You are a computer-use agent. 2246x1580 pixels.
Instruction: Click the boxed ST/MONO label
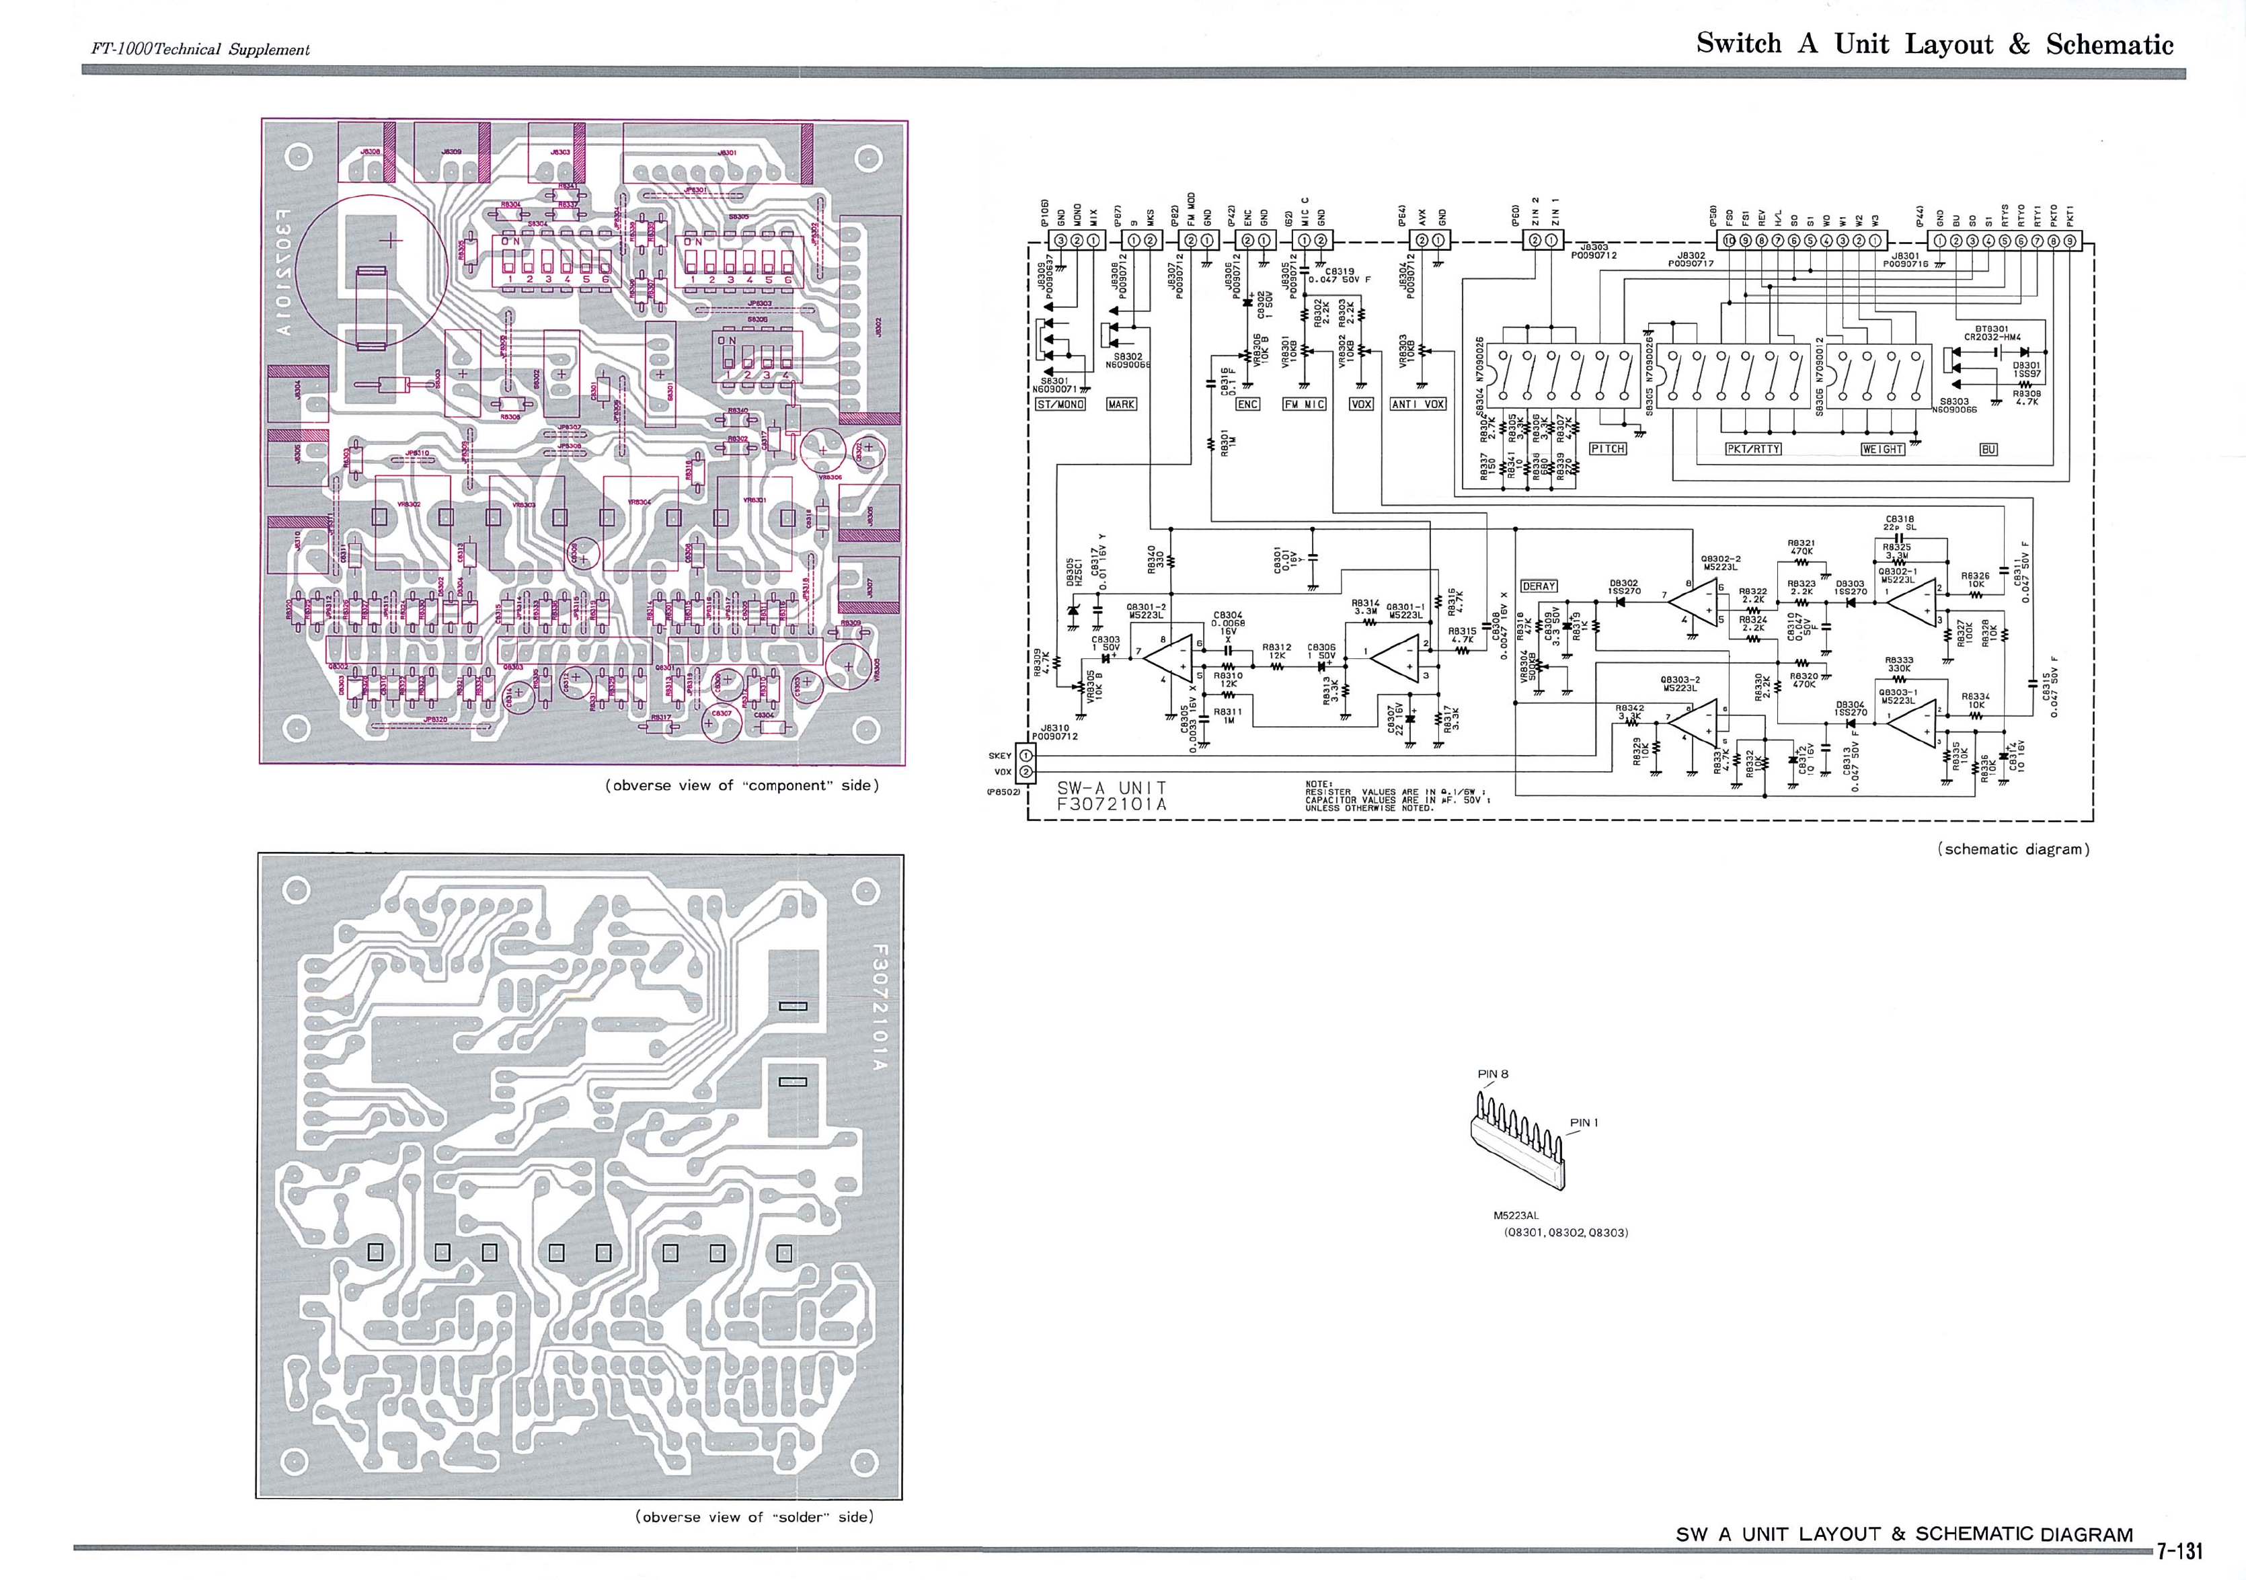point(1060,404)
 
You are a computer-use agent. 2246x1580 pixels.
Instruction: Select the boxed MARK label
point(1121,404)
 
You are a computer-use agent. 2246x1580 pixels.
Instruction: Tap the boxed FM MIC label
point(1304,404)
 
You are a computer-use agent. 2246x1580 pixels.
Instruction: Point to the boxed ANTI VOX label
point(1418,404)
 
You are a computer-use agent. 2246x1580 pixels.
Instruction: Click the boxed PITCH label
point(1607,449)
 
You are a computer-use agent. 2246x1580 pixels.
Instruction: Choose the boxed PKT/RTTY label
point(1753,449)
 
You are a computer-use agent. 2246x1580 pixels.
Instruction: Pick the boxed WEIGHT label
point(1882,449)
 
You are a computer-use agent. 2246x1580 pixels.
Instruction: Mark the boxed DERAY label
point(1539,586)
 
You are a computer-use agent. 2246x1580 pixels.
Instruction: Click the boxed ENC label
point(1248,404)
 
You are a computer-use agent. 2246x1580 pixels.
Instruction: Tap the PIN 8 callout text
point(1493,1074)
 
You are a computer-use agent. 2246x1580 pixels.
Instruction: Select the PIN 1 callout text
point(1584,1123)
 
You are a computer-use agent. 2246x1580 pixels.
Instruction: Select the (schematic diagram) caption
point(2013,849)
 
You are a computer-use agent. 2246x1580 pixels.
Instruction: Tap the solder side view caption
point(754,1517)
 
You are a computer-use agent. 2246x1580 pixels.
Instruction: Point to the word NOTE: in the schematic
point(1319,784)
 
